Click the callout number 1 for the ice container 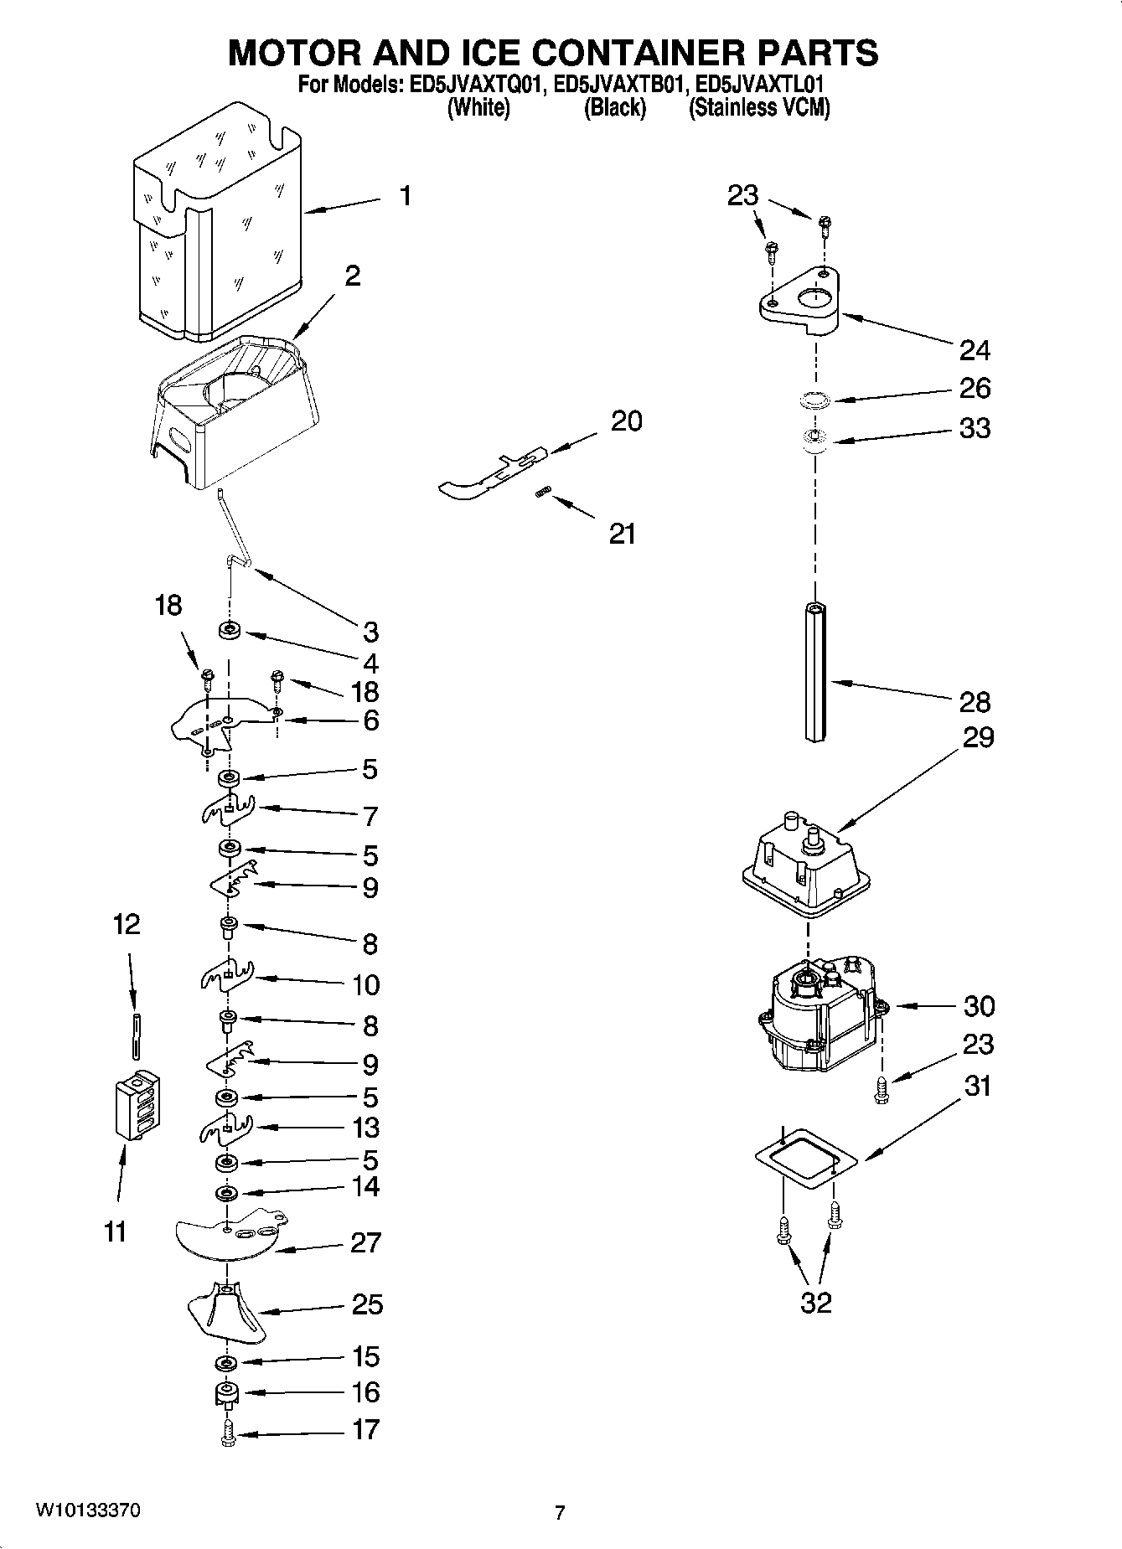(x=406, y=197)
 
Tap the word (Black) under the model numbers (x=615, y=107)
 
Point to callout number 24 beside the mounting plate (x=975, y=349)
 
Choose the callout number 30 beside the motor (x=979, y=1005)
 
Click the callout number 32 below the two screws (x=816, y=1302)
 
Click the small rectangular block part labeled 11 (x=137, y=1105)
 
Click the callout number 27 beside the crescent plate (x=366, y=1242)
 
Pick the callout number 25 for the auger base (x=367, y=1304)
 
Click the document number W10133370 (x=87, y=1510)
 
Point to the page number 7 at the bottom (x=560, y=1513)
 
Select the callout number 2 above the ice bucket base (x=353, y=276)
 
